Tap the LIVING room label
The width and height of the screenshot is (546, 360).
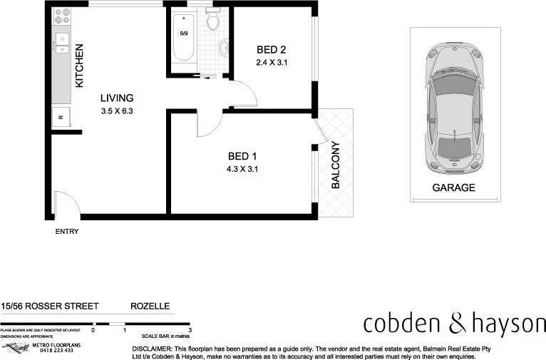[x=117, y=98]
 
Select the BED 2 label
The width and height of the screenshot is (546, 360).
[x=271, y=50]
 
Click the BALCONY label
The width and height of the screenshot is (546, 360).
[x=335, y=165]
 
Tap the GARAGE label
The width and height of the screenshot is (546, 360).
[x=453, y=188]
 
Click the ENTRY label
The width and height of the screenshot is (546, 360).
[x=67, y=232]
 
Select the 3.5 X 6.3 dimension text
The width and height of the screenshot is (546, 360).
[x=118, y=111]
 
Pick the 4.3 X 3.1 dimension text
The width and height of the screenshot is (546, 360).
[x=242, y=170]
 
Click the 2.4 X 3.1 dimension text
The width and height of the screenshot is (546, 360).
[x=271, y=63]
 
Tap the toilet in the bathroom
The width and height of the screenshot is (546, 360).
[x=212, y=21]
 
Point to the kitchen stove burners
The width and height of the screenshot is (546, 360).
[x=61, y=15]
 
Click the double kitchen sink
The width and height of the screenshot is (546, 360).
[x=62, y=44]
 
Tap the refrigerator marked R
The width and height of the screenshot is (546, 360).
[x=61, y=118]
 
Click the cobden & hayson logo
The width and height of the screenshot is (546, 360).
[x=454, y=324]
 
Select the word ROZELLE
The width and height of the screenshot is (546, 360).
[x=150, y=306]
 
